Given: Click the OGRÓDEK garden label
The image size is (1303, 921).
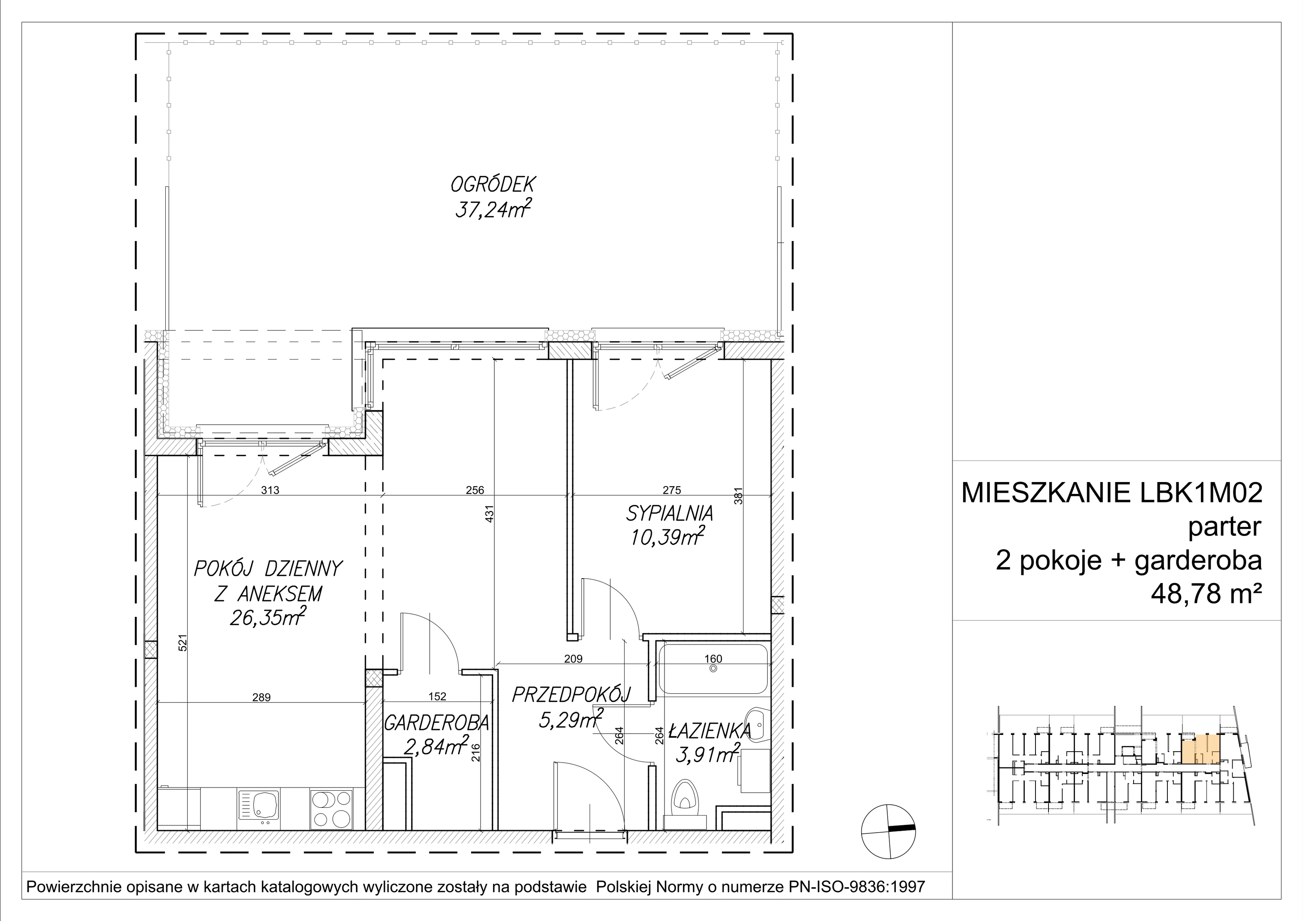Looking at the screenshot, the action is tap(493, 185).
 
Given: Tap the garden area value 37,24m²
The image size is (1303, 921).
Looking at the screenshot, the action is tap(493, 211).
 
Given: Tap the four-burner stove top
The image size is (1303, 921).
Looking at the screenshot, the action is tap(331, 809).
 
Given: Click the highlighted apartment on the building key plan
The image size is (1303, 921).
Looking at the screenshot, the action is tap(1200, 750).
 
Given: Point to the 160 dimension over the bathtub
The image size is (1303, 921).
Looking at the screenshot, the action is tap(713, 659).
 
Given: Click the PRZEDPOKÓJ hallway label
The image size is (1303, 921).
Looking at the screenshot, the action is tap(571, 695).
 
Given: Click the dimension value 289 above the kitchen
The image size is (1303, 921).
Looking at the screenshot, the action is tap(262, 697).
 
